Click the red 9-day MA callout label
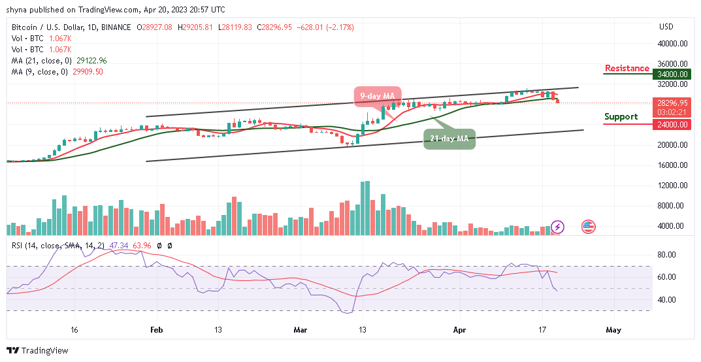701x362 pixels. tap(378, 96)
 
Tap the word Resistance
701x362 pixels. tap(627, 68)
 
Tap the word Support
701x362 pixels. tap(621, 117)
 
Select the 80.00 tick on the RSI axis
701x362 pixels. tap(666, 255)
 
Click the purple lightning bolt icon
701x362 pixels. tap(557, 227)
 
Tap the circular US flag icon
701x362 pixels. tap(589, 227)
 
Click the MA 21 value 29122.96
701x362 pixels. tap(91, 60)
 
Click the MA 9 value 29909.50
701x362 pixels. tap(88, 71)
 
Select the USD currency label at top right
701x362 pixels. tap(666, 27)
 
